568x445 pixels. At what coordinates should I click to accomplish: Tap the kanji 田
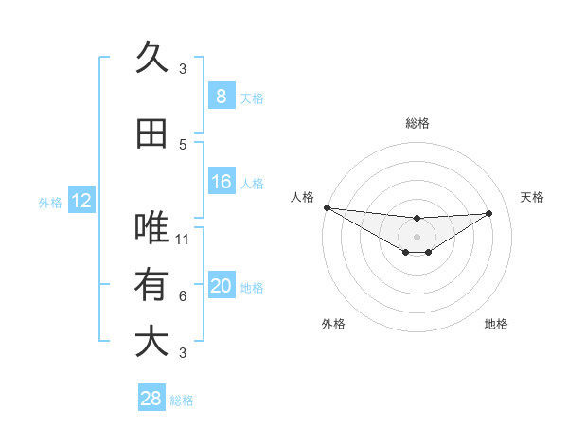coord(151,133)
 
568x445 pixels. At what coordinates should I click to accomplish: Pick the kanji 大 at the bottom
coord(151,341)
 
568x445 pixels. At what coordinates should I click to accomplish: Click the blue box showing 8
coord(222,96)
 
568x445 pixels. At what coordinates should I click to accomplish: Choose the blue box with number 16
coord(222,182)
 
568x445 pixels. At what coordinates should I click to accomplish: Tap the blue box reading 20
coord(222,286)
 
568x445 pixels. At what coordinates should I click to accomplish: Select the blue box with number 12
coord(81,201)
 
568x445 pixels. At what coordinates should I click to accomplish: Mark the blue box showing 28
coord(151,399)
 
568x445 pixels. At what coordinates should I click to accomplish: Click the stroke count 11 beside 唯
coord(184,239)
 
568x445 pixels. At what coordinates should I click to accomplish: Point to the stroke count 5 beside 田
coord(183,145)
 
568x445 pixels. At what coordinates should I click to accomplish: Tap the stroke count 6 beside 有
coord(183,296)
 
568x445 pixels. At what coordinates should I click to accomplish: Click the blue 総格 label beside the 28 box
coord(182,400)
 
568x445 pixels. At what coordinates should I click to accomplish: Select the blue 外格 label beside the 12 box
coord(50,202)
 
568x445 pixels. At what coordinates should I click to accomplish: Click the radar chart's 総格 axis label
coord(417,123)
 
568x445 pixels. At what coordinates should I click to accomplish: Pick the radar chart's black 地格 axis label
coord(496,325)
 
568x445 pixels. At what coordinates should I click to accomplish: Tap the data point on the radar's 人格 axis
coord(327,207)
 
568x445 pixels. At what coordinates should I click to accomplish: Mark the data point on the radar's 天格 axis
coord(489,213)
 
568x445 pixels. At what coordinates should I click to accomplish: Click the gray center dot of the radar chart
coord(417,237)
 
